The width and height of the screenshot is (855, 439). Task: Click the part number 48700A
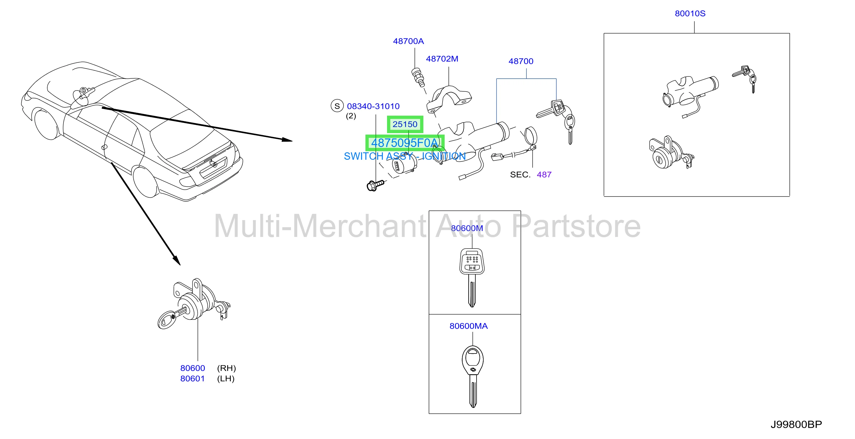(408, 41)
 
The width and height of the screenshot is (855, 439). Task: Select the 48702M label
(442, 59)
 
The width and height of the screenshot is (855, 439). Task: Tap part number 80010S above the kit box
(690, 14)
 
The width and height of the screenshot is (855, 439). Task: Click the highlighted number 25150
(405, 124)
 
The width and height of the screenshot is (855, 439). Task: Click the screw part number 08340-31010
(373, 106)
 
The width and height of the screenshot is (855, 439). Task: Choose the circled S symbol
(337, 106)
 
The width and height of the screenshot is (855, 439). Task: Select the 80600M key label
(467, 228)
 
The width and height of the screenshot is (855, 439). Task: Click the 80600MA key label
(469, 326)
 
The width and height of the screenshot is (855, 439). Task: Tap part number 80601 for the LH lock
(193, 379)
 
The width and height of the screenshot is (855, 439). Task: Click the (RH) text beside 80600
(226, 368)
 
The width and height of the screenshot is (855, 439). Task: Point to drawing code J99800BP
(796, 425)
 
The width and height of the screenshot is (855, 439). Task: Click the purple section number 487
(544, 175)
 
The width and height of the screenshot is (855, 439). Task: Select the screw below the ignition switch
(375, 185)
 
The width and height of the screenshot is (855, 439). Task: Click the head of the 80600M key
(472, 262)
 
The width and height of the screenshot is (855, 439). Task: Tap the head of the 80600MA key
(473, 360)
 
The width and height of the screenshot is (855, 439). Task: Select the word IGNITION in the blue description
(443, 156)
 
